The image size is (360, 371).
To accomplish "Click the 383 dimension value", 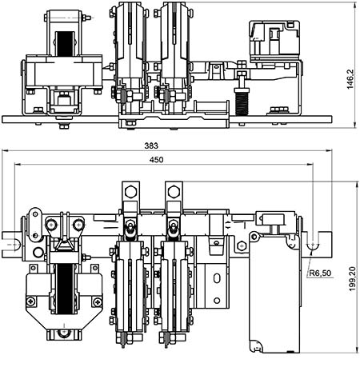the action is pos(151,146).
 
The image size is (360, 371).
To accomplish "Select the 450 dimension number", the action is pos(156,160).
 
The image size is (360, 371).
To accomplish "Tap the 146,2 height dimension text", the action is pos(350,79).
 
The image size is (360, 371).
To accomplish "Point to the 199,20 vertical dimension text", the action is pos(352,279).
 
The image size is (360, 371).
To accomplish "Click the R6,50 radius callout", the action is pos(320,273).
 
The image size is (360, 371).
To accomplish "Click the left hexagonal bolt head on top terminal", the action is pos(130,192).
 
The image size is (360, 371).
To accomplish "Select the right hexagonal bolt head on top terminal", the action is pos(174,192).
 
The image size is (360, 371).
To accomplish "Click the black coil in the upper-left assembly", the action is pos(65,44).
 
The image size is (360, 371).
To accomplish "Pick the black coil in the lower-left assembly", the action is pos(65,289).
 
